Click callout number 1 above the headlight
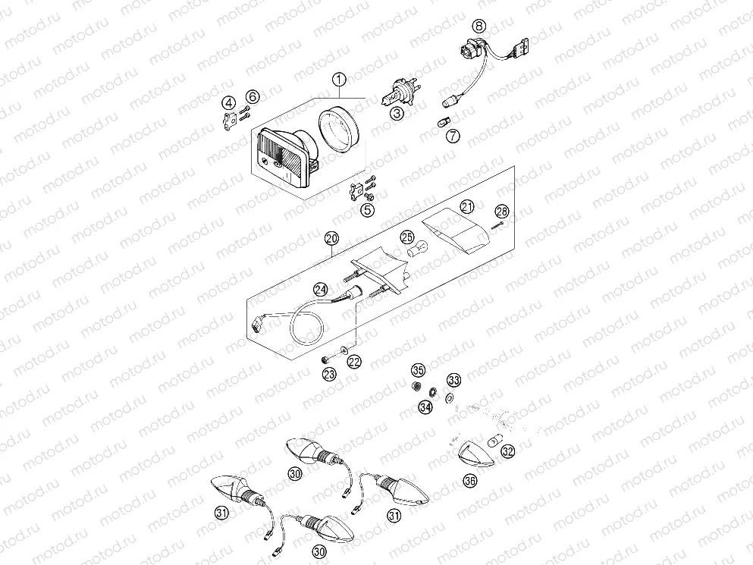[339, 78]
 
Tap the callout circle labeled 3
[397, 114]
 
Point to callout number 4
[228, 102]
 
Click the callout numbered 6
[253, 96]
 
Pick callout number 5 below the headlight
[368, 209]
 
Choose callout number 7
[453, 137]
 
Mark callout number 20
[331, 240]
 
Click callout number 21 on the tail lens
[467, 207]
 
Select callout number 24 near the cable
[321, 289]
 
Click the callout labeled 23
[328, 373]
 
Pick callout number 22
[354, 362]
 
